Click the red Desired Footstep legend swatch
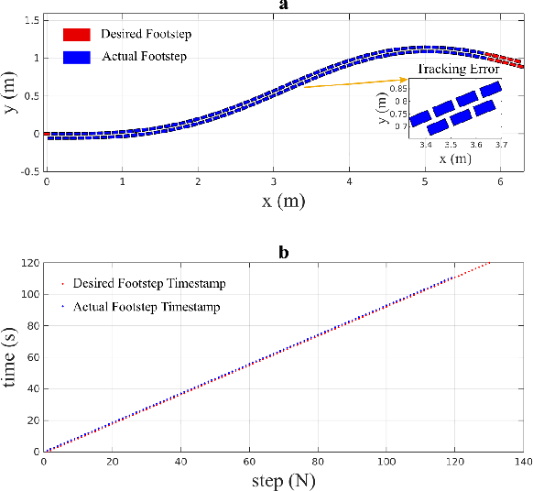77,34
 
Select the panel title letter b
284,250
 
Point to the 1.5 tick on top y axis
31,19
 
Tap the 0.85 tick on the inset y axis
397,89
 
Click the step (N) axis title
283,479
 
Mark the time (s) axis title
10,357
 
